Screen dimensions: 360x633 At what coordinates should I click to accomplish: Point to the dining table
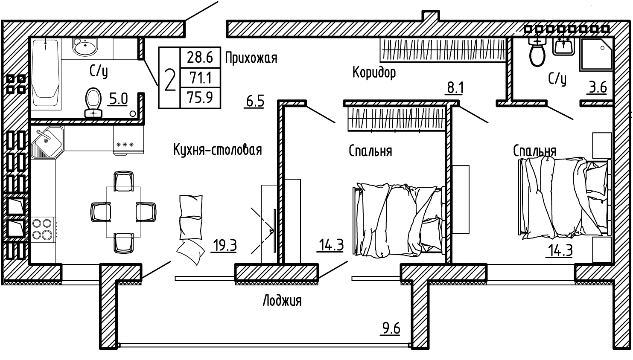point(123,212)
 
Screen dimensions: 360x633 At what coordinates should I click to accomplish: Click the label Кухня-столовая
point(217,150)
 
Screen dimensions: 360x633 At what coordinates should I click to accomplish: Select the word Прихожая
point(251,58)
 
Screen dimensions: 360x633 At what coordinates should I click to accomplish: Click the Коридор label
point(374,73)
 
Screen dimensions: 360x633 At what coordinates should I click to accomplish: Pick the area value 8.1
point(455,87)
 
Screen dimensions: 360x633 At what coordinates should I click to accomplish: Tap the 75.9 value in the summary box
point(200,98)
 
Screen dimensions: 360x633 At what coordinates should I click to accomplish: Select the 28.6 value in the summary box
point(200,57)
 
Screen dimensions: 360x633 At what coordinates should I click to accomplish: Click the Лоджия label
point(282,301)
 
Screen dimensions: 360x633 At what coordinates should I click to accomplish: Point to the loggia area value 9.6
point(391,328)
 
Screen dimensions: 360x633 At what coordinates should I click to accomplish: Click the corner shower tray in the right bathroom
point(596,55)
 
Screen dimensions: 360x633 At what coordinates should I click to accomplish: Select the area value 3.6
point(598,87)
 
